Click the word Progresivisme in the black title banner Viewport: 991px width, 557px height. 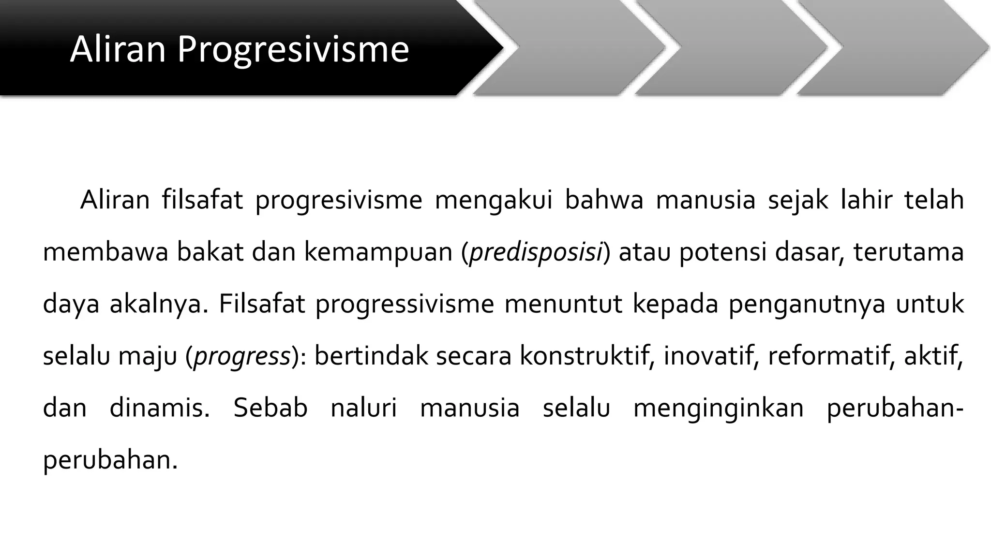point(293,50)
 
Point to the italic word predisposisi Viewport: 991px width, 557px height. point(536,252)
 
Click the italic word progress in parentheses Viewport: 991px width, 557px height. point(241,356)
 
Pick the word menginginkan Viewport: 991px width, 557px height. point(719,409)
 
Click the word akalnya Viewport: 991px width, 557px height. point(159,305)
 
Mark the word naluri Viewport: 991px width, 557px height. point(363,409)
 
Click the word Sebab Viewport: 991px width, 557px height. point(270,409)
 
